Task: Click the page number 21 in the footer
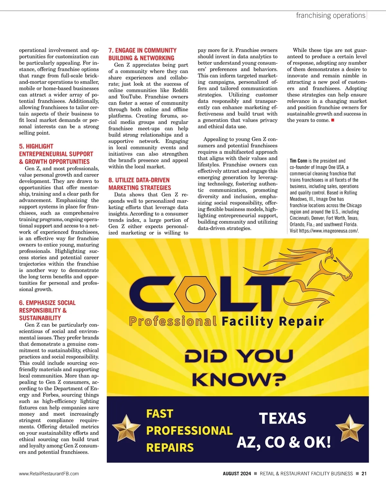364,473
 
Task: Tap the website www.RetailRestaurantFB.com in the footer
49,473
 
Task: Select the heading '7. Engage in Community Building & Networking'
142,54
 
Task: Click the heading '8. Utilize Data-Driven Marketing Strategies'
140,184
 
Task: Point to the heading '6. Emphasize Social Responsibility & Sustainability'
47,310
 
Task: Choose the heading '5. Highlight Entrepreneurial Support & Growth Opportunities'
56,154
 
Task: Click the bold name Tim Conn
298,161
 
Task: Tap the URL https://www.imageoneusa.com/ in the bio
328,231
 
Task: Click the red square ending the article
333,120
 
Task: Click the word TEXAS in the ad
282,418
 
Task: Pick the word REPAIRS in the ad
170,447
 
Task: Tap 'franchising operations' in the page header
331,15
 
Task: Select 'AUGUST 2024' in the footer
237,473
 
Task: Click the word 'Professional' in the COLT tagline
173,321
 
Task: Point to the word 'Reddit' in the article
180,90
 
